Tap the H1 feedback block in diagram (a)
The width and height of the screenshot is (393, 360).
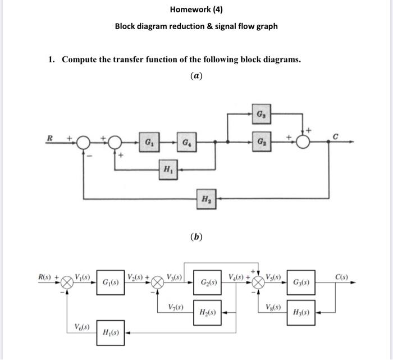click(167, 168)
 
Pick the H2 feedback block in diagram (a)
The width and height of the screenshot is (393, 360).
click(205, 198)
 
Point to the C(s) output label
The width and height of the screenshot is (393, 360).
click(342, 276)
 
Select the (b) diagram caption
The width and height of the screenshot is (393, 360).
click(196, 236)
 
